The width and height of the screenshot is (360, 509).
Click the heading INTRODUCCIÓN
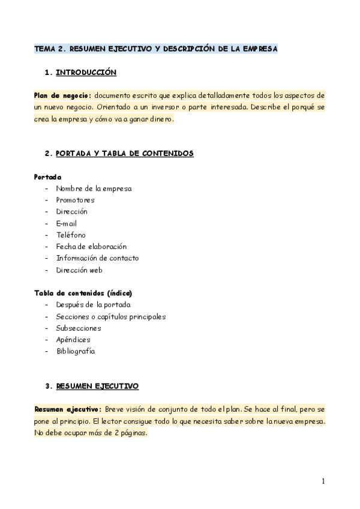pos(86,73)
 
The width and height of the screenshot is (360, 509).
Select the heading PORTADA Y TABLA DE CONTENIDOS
pos(124,154)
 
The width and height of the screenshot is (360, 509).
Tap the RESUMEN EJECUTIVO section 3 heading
pos(97,385)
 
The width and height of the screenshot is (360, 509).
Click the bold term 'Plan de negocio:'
pos(62,96)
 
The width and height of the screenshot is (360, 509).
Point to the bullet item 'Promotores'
pos(75,200)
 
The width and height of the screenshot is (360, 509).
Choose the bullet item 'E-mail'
pos(67,223)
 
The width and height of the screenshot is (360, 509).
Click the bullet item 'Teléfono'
pos(71,235)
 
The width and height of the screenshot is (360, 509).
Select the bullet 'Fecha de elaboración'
pos(91,247)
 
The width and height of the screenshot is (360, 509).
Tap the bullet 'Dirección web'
pos(79,270)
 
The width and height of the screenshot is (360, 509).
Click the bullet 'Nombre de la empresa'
pos(94,188)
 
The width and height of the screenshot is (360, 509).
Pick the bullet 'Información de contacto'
pos(97,258)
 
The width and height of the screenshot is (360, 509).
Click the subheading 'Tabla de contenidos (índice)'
pos(83,293)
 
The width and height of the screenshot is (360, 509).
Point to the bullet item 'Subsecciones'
pos(79,328)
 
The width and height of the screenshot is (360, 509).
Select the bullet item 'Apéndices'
pos(73,340)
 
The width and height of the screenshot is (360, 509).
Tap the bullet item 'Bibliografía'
pos(76,351)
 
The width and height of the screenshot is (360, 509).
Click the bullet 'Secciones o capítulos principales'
pos(110,316)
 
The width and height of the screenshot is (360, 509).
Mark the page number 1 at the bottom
pos(323,481)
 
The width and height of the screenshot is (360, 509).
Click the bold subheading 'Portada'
pos(47,177)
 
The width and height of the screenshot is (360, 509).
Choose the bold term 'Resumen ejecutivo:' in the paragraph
pos(67,409)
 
